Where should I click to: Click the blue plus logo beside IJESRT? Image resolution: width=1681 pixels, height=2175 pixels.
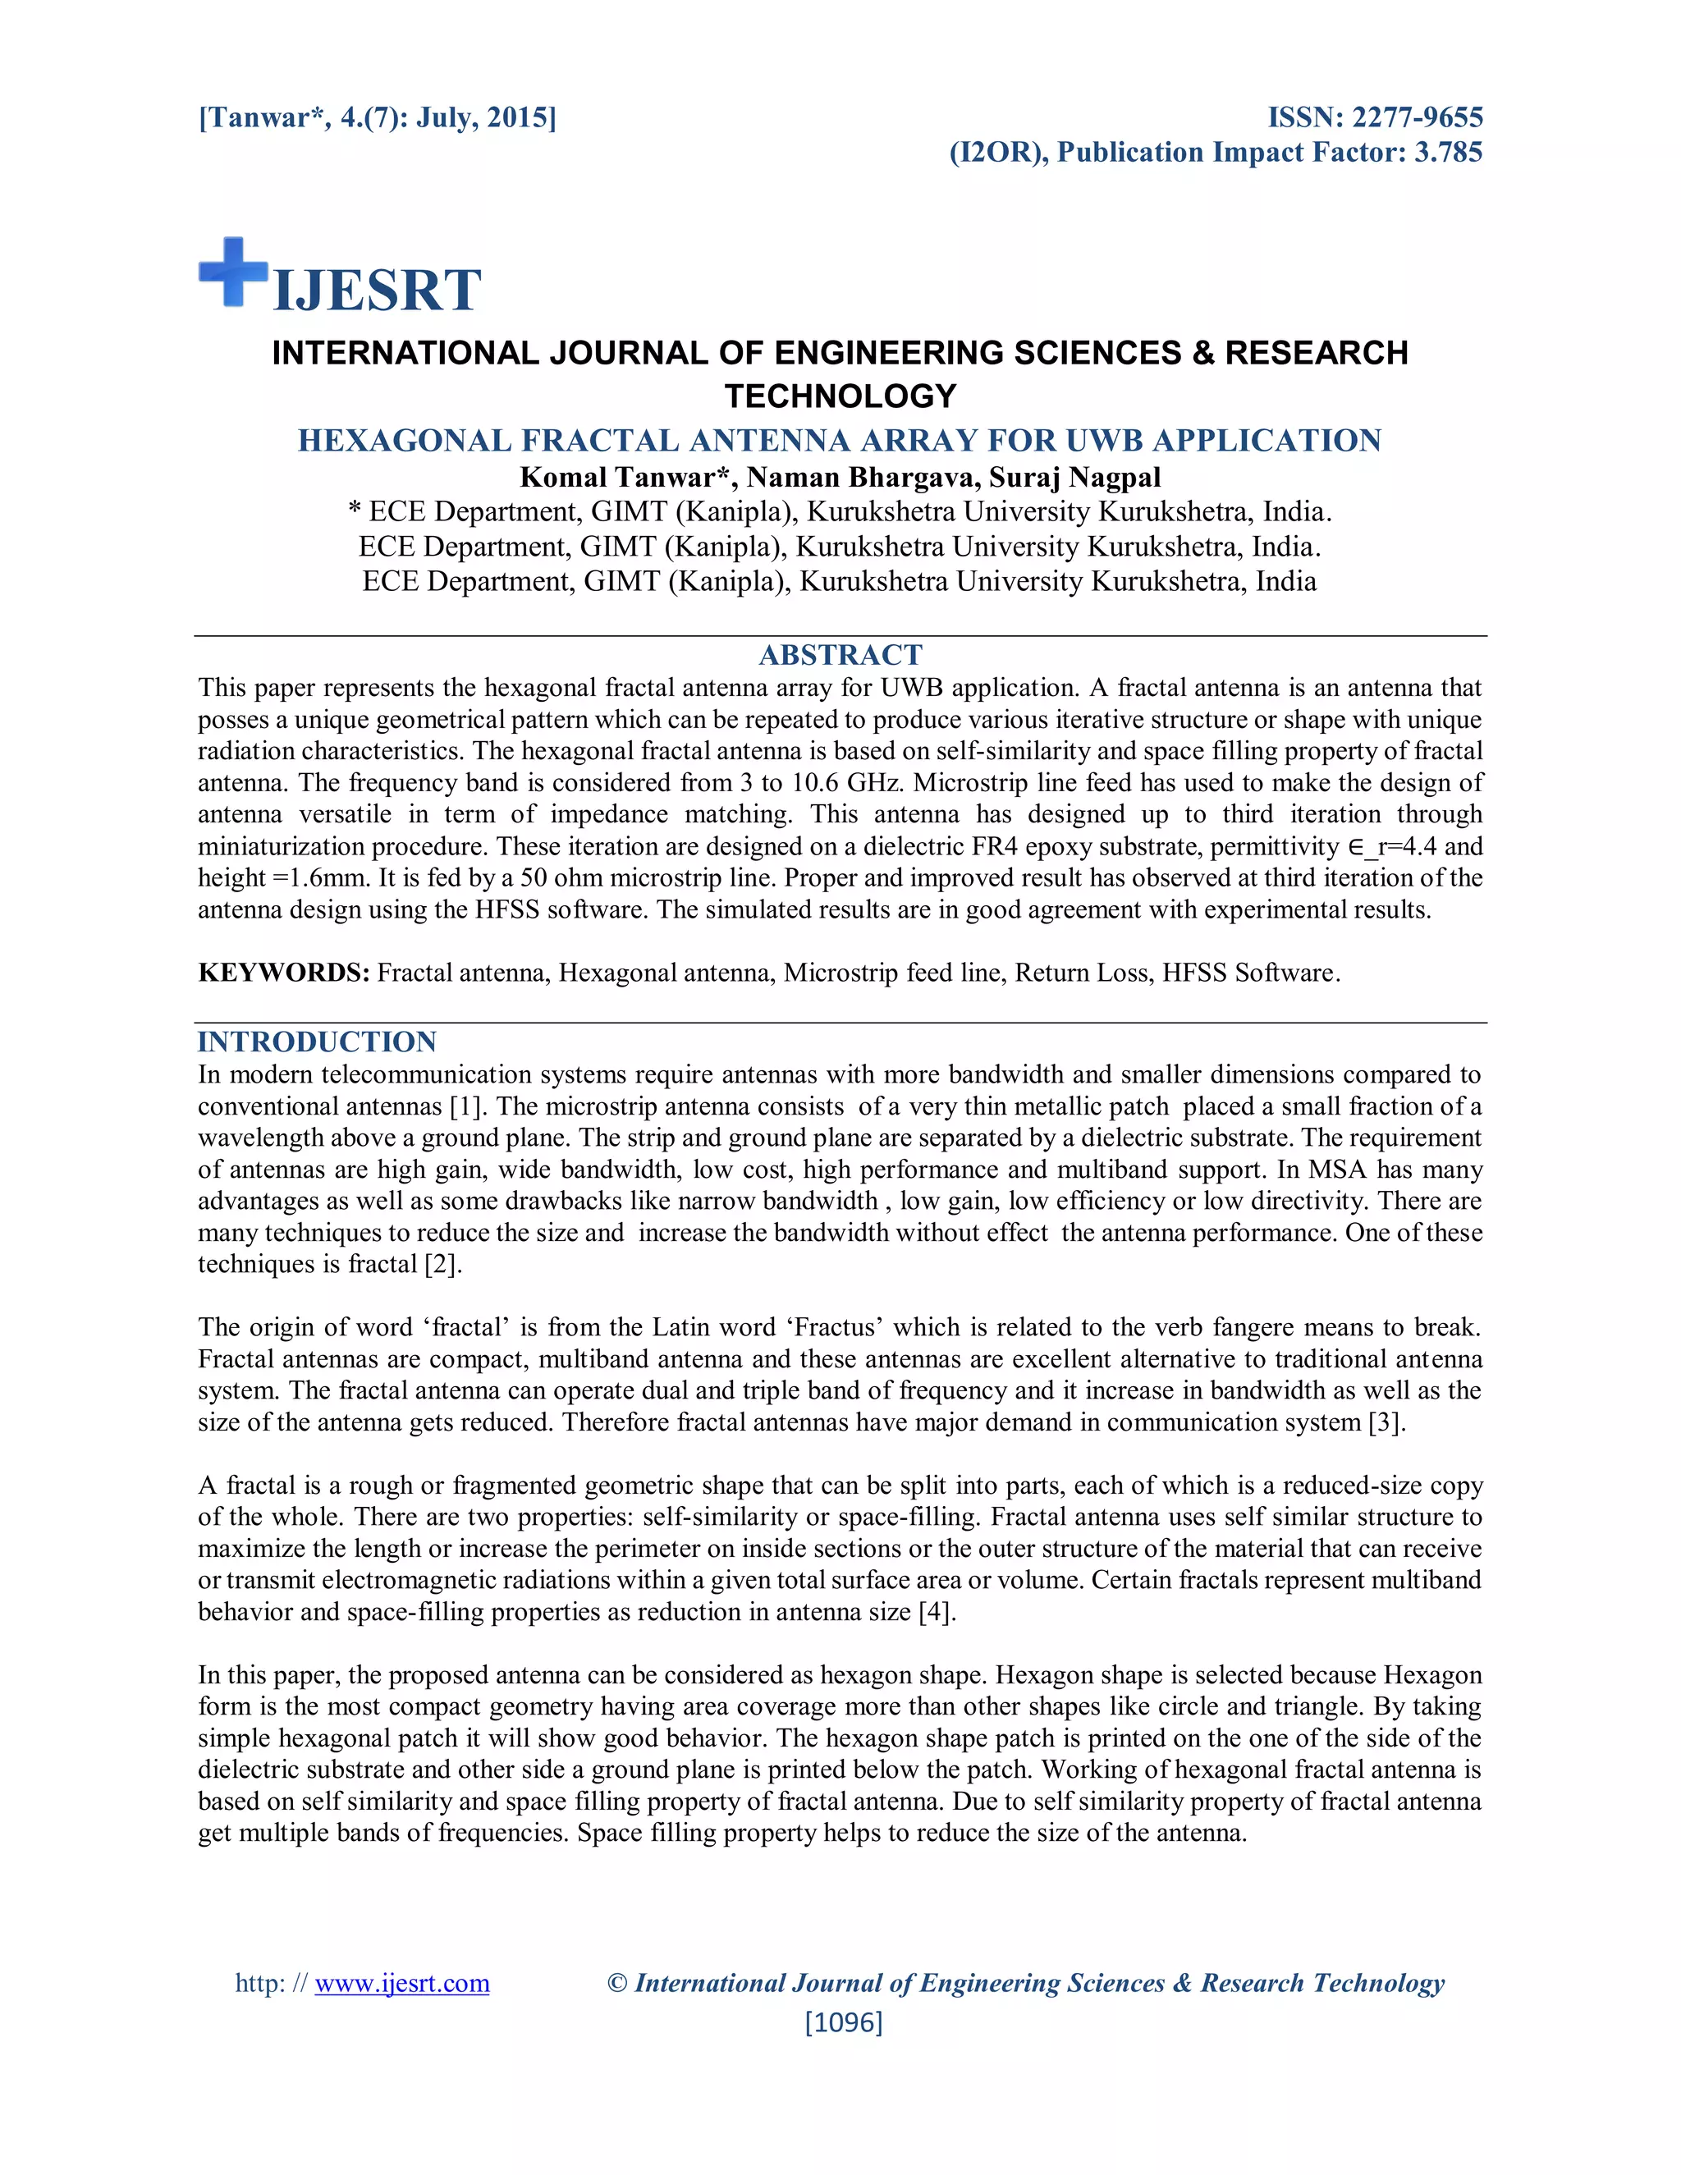(x=233, y=272)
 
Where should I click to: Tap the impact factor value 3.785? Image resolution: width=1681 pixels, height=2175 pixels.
(x=1448, y=153)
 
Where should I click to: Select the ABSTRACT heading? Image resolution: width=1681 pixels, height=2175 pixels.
(x=840, y=654)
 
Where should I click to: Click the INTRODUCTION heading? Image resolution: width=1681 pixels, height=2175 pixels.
(x=317, y=1042)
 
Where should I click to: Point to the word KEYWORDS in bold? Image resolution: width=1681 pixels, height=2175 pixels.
(x=284, y=972)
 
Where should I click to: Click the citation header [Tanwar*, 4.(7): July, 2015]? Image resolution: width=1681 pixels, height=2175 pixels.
(x=378, y=117)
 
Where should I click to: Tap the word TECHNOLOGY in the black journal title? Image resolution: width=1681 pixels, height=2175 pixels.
(x=840, y=396)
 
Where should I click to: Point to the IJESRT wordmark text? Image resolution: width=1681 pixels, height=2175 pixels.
(x=377, y=290)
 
